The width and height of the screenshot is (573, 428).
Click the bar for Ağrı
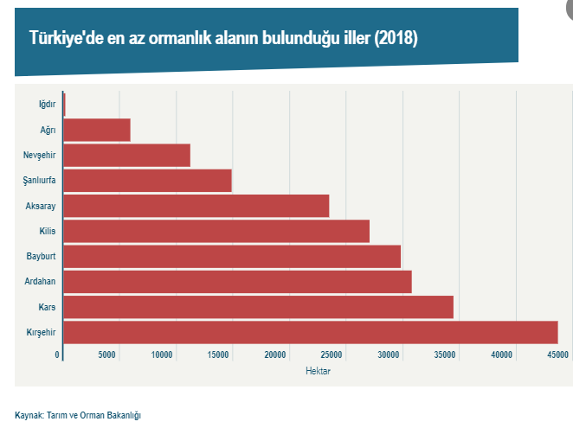97,130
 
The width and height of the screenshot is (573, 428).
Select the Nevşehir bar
126,156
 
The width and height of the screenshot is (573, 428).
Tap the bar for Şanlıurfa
147,181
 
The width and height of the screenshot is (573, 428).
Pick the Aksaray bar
196,206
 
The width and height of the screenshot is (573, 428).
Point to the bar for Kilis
216,231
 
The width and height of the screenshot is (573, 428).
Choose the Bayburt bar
232,257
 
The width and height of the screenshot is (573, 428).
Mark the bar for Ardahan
237,282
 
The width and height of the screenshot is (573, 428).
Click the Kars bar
258,307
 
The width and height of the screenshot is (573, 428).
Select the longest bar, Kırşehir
310,332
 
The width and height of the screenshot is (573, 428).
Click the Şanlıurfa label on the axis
40,181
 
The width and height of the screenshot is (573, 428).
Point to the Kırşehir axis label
42,332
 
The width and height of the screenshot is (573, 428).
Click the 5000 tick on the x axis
106,355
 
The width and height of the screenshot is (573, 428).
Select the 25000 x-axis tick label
333,355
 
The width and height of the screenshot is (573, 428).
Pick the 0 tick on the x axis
58,355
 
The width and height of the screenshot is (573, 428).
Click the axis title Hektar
319,371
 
